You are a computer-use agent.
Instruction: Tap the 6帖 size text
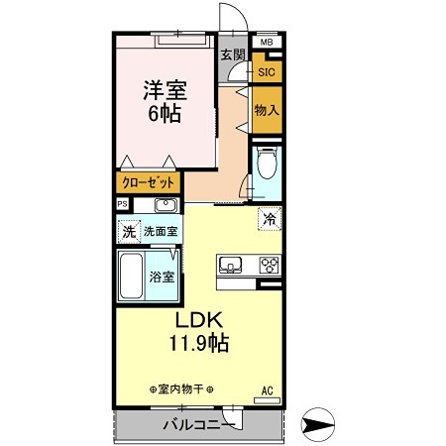click(164, 114)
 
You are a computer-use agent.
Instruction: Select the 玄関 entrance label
click(233, 56)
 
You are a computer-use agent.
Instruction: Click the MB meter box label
click(266, 43)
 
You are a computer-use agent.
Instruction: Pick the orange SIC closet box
click(266, 71)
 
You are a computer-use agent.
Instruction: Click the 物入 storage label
click(266, 109)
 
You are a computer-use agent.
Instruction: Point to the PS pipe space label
click(122, 204)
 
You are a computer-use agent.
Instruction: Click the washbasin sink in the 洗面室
click(165, 205)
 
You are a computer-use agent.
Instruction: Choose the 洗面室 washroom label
click(160, 232)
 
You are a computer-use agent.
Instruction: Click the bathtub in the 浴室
click(132, 277)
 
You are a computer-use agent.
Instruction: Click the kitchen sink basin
click(230, 265)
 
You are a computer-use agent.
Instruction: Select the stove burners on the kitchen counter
click(270, 265)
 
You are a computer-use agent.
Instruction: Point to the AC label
click(266, 389)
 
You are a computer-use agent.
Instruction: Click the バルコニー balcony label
click(198, 425)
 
